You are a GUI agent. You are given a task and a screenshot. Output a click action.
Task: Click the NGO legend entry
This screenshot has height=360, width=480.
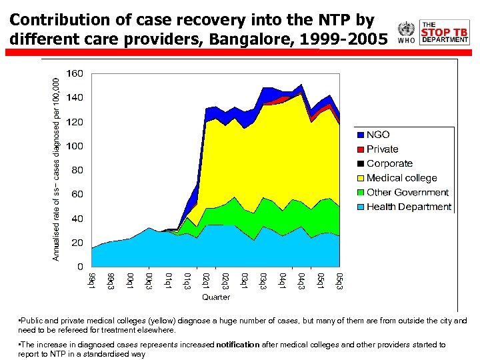tap(378, 135)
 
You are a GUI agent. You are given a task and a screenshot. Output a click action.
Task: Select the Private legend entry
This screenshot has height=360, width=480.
tap(382, 149)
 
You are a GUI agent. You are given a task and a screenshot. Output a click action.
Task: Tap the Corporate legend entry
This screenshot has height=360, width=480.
tap(389, 163)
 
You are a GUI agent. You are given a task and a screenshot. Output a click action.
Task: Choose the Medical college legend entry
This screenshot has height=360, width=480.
tap(401, 178)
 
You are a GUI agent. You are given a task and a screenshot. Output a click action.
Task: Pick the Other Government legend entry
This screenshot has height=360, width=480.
tap(407, 193)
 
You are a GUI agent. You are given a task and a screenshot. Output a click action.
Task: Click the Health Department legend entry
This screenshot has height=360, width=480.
tap(409, 207)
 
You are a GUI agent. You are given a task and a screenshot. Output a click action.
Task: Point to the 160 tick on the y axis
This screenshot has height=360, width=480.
tap(74, 73)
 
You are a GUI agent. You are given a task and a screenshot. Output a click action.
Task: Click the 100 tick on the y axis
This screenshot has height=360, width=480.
tap(74, 146)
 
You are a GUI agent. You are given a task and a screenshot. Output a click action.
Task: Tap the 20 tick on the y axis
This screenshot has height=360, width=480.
tap(77, 243)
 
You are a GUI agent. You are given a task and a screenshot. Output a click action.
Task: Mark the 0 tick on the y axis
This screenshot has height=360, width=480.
tap(79, 267)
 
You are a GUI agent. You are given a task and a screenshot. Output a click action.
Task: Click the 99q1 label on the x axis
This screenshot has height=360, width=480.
tap(93, 281)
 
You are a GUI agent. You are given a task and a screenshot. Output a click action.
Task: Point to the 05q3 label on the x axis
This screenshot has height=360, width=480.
tap(339, 281)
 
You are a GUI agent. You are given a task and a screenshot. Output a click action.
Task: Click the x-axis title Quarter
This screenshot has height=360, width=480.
tap(216, 297)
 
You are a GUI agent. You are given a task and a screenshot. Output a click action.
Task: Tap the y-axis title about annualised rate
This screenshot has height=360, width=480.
tap(57, 167)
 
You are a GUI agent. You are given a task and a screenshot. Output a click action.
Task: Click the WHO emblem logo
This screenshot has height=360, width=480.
tap(405, 31)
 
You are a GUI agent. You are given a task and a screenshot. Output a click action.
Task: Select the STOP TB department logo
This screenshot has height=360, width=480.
tap(445, 31)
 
